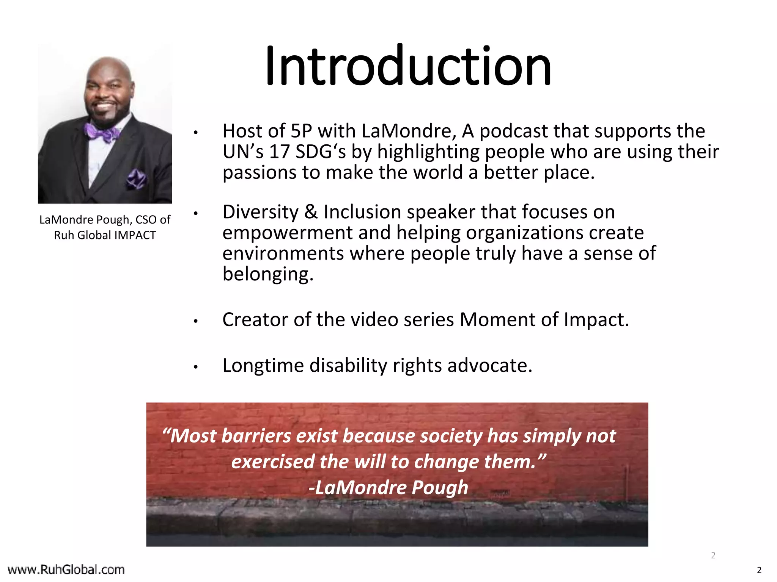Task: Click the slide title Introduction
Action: pyautogui.click(x=408, y=66)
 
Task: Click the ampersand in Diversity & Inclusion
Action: pyautogui.click(x=311, y=212)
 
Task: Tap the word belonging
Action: pyautogui.click(x=267, y=274)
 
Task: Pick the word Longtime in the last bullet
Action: pyautogui.click(x=263, y=366)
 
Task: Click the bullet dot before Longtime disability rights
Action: pyautogui.click(x=196, y=367)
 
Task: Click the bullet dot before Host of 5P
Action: pyautogui.click(x=196, y=133)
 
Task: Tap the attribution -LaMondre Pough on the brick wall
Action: pyautogui.click(x=388, y=488)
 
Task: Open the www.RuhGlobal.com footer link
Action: pyautogui.click(x=66, y=569)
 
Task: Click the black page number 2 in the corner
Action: pyautogui.click(x=759, y=570)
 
